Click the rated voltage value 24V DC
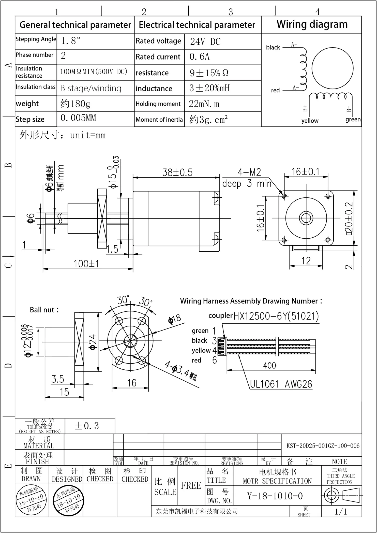point(205,41)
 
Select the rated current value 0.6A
point(199,57)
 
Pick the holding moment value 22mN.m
point(204,104)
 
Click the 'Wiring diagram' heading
point(312,24)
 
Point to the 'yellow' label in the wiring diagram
point(310,121)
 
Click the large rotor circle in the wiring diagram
point(332,68)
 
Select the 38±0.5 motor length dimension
point(177,172)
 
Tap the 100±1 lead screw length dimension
point(86,264)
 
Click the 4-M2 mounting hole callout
point(249,172)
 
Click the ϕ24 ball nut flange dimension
point(93,342)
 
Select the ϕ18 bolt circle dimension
point(175,319)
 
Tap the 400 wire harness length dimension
point(269,366)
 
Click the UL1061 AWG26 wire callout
point(281,384)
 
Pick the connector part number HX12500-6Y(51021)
point(276,316)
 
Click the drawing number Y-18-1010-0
point(275,496)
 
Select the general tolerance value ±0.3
point(87,426)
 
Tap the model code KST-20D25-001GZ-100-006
point(323,446)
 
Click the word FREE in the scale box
point(191,485)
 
